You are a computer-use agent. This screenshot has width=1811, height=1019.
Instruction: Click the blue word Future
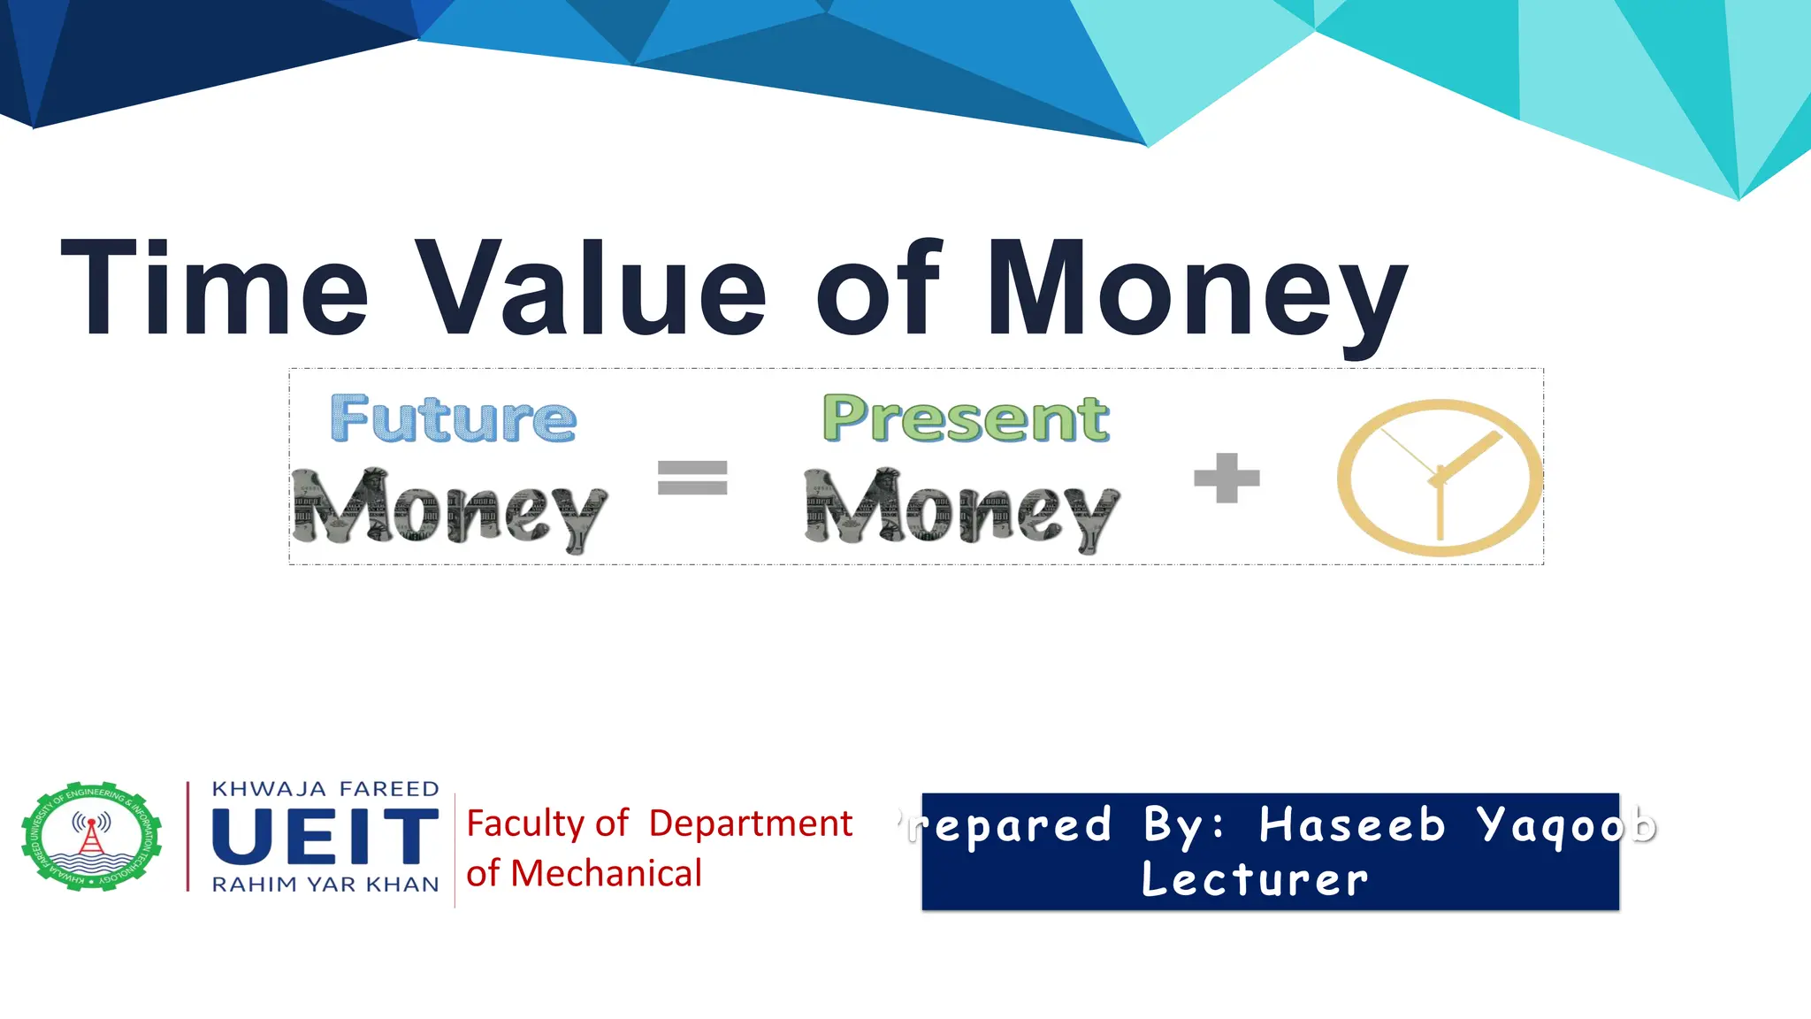pyautogui.click(x=453, y=418)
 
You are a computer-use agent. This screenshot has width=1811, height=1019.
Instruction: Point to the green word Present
pyautogui.click(x=966, y=418)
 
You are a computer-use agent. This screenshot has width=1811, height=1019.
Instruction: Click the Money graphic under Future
pyautogui.click(x=449, y=509)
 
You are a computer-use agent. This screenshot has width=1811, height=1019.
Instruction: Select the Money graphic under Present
pyautogui.click(x=962, y=509)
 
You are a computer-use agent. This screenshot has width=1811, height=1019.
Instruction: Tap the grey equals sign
pyautogui.click(x=692, y=478)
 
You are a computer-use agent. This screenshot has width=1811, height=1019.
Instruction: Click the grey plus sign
pyautogui.click(x=1226, y=478)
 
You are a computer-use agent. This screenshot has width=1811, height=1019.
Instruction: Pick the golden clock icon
pyautogui.click(x=1440, y=478)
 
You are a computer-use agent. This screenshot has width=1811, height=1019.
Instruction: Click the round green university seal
pyautogui.click(x=92, y=836)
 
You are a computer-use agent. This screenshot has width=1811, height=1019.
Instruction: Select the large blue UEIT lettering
pyautogui.click(x=325, y=836)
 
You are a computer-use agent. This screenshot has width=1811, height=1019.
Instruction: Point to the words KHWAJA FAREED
pyautogui.click(x=325, y=789)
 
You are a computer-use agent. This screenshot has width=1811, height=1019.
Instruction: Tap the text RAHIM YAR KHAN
pyautogui.click(x=325, y=885)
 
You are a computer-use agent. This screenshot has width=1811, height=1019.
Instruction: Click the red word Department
pyautogui.click(x=750, y=824)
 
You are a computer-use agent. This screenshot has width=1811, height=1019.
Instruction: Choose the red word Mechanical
pyautogui.click(x=606, y=874)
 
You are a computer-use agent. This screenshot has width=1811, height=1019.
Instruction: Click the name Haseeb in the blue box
pyautogui.click(x=1352, y=824)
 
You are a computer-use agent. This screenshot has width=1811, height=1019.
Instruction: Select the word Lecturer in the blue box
pyautogui.click(x=1255, y=879)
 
